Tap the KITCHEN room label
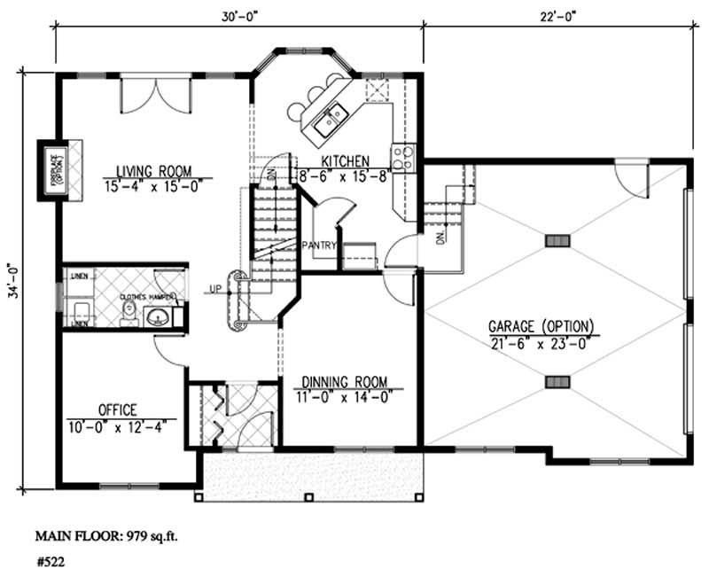pos(345,160)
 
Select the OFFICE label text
pos(117,409)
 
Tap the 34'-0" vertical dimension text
pos(13,282)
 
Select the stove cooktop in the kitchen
pos(403,157)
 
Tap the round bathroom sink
pos(160,316)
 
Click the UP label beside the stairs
pos(215,289)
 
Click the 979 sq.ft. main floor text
pos(142,536)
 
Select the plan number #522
pos(50,561)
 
